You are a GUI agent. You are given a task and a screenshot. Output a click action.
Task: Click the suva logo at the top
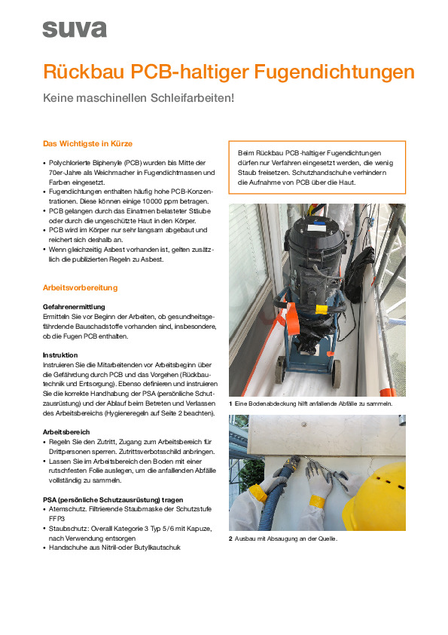74,29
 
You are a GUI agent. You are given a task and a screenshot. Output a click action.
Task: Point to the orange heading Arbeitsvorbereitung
80,287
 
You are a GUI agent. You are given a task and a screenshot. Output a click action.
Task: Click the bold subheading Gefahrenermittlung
74,307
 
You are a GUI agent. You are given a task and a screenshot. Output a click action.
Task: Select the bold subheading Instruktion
60,354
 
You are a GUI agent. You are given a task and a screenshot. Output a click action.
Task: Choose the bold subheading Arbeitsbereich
66,432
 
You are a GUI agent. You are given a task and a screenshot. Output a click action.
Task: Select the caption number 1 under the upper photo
230,404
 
